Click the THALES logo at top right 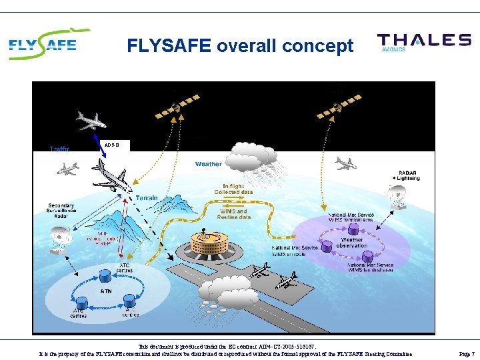pos(423,42)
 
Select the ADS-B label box pos(112,144)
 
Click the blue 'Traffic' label pos(59,149)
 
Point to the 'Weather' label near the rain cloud pos(208,163)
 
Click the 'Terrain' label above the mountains pos(147,198)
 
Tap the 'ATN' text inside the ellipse pos(106,291)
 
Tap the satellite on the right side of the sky pos(337,106)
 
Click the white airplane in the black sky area pos(91,121)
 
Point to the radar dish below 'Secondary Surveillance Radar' pos(63,239)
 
